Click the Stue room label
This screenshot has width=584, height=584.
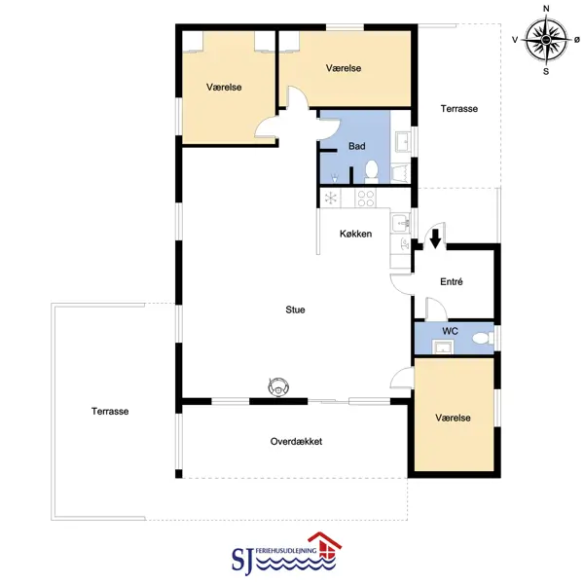[x=295, y=310]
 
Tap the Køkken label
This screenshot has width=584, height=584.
[x=355, y=234]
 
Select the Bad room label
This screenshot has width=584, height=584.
[x=356, y=146]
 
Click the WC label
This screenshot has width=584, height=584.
[x=450, y=331]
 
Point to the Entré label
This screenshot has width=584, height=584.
[x=452, y=281]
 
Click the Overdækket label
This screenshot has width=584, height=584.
[x=296, y=441]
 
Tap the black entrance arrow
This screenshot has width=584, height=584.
[x=435, y=238]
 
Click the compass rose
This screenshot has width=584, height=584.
[x=546, y=40]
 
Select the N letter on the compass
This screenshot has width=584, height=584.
[x=546, y=9]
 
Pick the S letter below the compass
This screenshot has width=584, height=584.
[x=546, y=71]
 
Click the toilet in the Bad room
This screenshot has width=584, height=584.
[x=372, y=171]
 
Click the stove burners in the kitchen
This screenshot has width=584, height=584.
[x=365, y=198]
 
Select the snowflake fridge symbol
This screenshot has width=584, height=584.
[x=331, y=198]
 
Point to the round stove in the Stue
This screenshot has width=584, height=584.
[x=278, y=387]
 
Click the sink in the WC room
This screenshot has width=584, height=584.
[x=443, y=347]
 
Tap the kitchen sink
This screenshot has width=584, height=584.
[x=401, y=224]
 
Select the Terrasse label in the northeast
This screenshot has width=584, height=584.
[x=458, y=108]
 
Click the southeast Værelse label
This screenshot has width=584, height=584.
[x=453, y=418]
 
